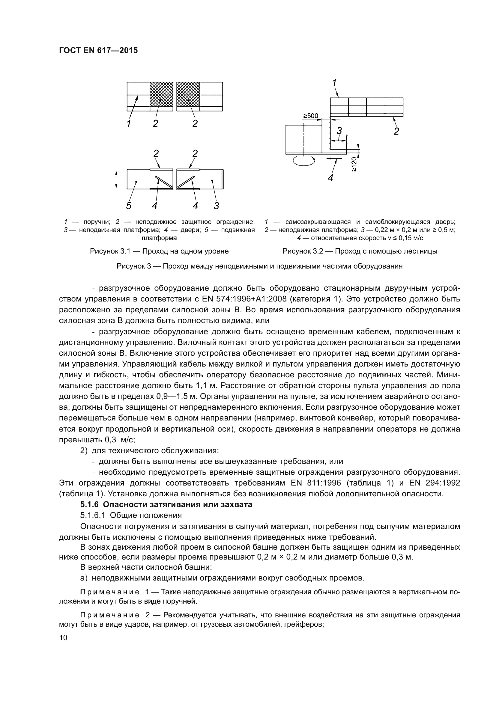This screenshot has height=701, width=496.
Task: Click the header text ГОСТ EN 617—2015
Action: (x=98, y=51)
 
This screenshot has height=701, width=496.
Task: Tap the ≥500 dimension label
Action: (x=310, y=116)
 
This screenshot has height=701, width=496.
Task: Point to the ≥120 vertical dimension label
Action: (x=354, y=164)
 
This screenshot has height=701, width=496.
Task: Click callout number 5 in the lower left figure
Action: (x=129, y=206)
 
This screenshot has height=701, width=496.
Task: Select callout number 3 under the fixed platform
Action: (x=216, y=206)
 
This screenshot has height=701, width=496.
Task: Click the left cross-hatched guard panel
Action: (x=161, y=94)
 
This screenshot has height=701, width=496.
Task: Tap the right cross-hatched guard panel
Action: (x=188, y=94)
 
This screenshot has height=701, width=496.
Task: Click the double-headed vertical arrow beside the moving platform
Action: (x=116, y=180)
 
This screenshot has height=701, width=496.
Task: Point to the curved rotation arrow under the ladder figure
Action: (x=303, y=161)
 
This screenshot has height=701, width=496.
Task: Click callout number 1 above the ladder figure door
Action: (x=334, y=82)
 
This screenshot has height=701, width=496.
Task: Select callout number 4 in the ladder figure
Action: (x=330, y=177)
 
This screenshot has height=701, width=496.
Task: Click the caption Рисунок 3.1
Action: (x=159, y=251)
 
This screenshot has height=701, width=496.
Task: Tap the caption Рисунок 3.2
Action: (x=360, y=251)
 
